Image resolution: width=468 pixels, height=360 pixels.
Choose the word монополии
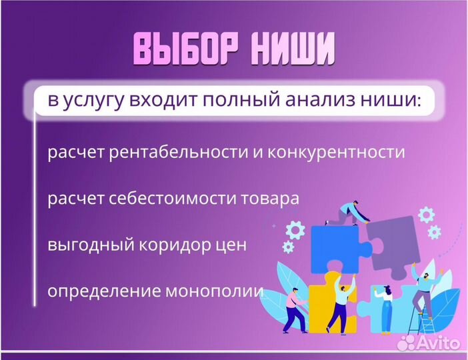[219, 291]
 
